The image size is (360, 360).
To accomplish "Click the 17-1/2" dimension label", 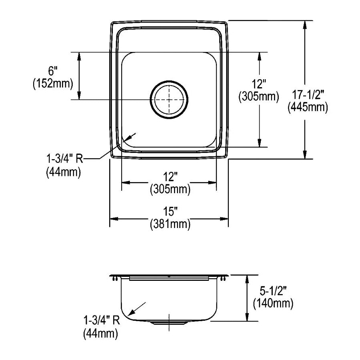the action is pos(308,94).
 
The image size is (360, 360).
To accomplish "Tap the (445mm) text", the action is pos(308,107).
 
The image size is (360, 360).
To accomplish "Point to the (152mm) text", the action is pos(53,83).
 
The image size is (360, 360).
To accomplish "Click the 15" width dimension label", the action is pos(170,211).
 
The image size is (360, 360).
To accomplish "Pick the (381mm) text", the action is pos(170,224).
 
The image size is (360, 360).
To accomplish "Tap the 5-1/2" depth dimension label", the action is pos(273,291).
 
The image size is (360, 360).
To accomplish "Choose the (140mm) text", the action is pos(273,304).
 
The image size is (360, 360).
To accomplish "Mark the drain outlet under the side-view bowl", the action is pos(169,322).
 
